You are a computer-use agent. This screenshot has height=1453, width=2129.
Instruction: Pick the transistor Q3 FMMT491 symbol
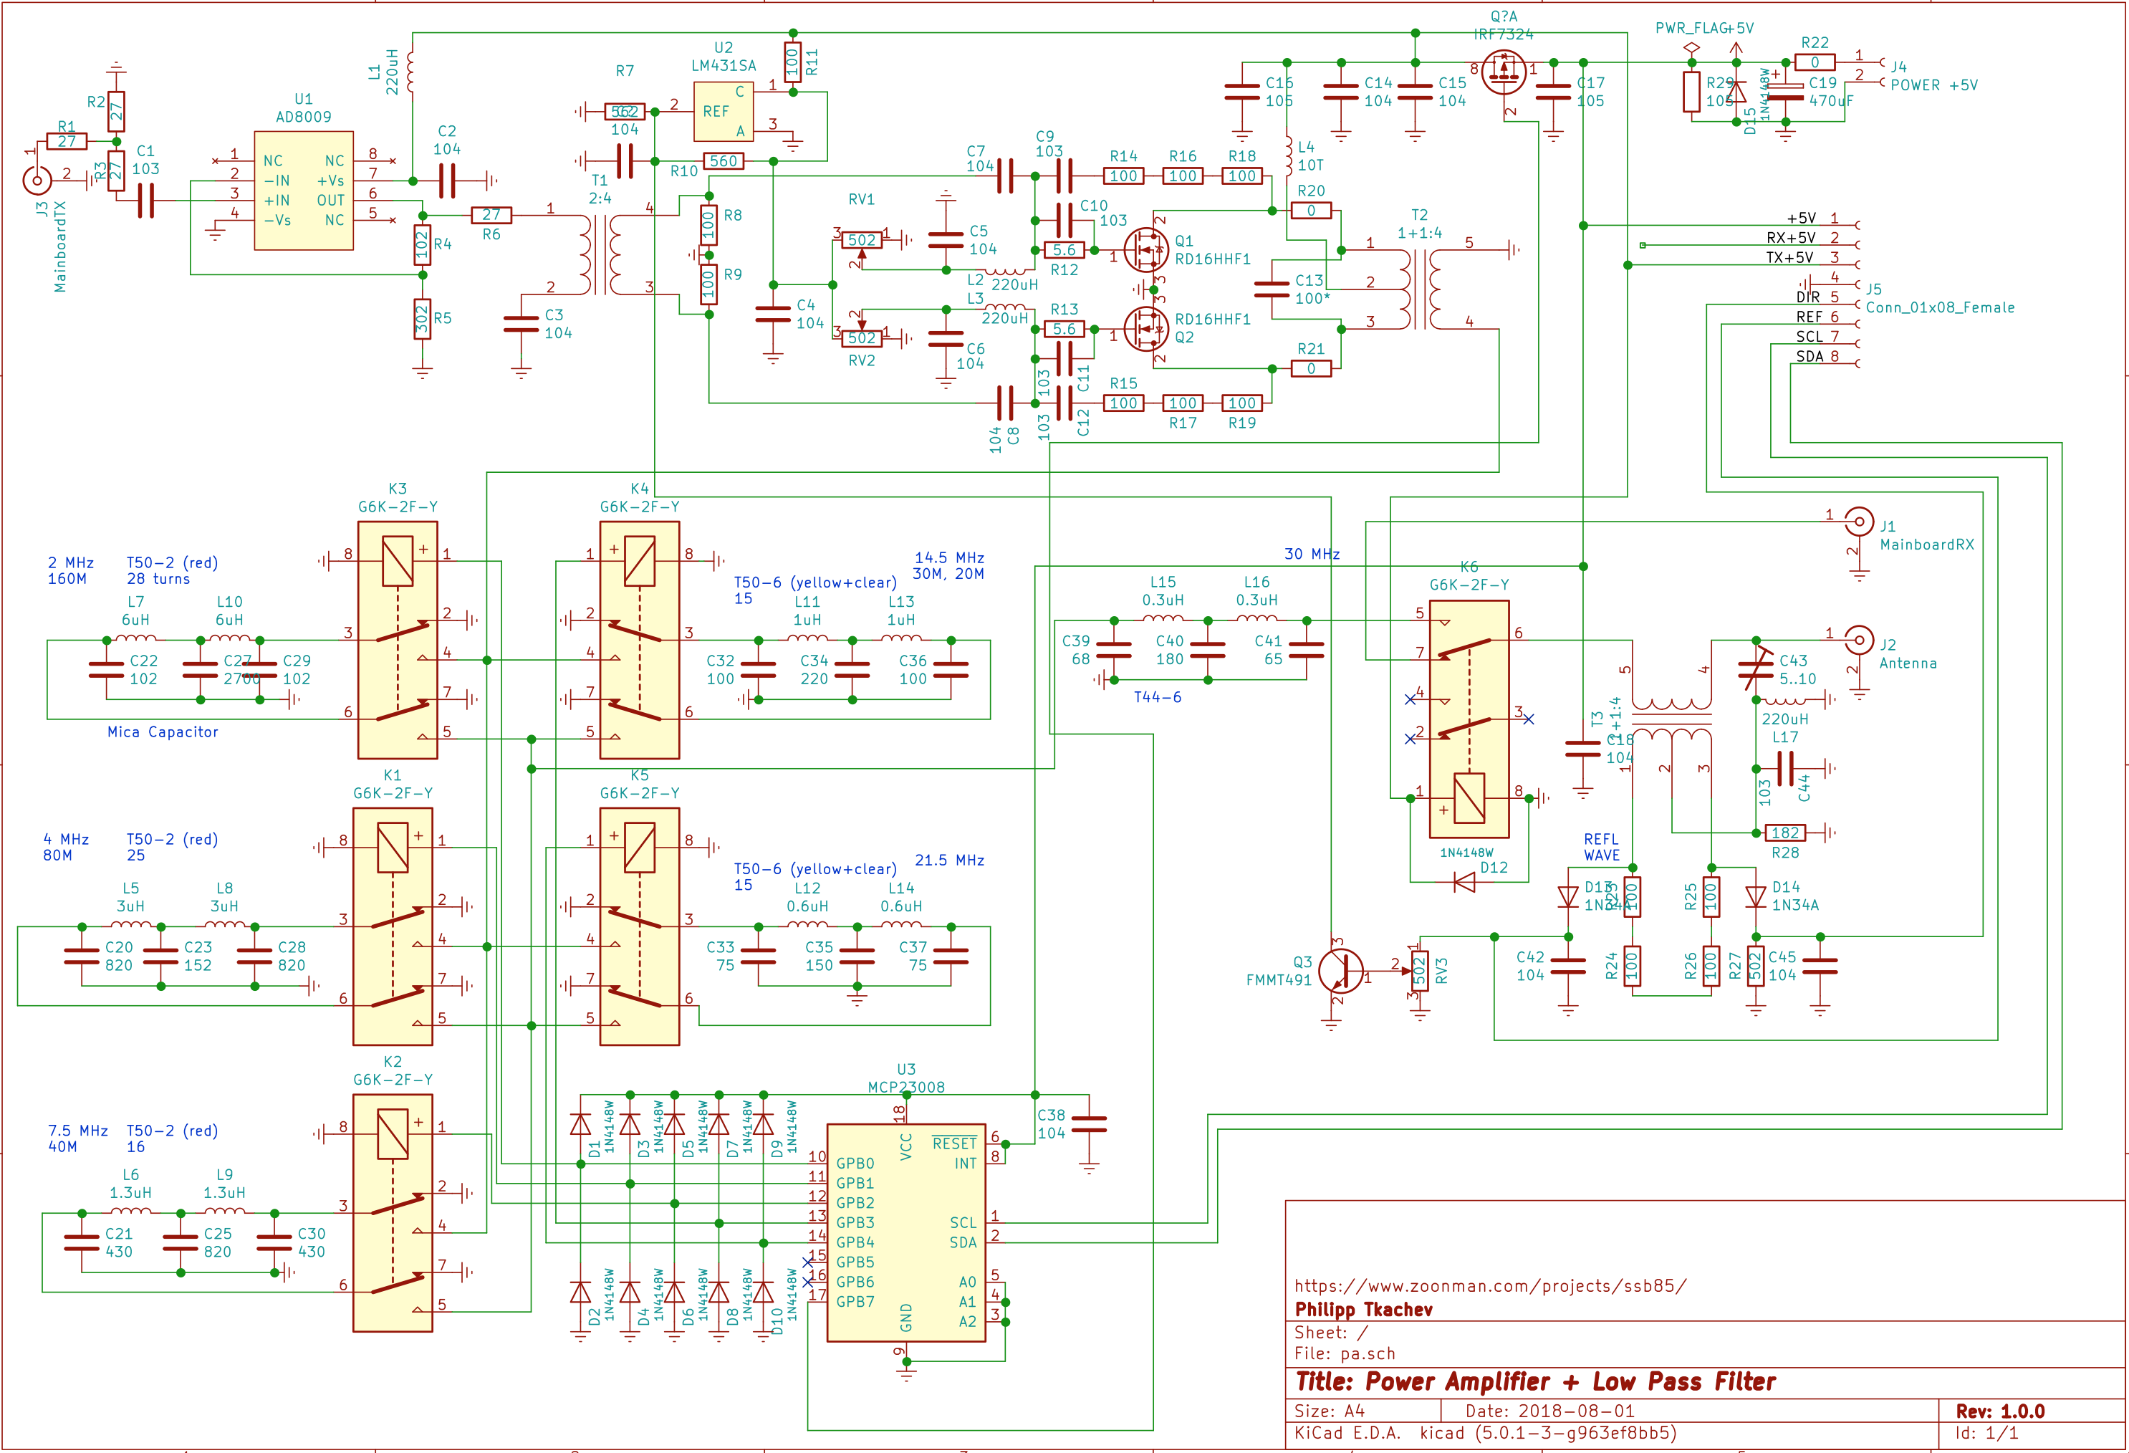pos(1340,969)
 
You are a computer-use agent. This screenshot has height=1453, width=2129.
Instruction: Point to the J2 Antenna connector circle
pos(1859,640)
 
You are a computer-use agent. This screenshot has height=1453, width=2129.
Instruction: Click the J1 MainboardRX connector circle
pos(1859,522)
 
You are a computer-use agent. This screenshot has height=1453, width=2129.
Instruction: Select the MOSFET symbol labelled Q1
pos(1146,249)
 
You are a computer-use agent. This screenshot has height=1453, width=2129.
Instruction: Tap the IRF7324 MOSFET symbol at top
pos(1504,72)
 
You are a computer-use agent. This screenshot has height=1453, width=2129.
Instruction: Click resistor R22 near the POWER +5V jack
pos(1814,62)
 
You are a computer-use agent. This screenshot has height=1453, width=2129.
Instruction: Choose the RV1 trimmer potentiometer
pos(861,240)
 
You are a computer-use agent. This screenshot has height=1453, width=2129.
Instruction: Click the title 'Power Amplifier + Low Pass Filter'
pos(1535,1381)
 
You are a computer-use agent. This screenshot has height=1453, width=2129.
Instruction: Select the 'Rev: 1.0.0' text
pos(2000,1411)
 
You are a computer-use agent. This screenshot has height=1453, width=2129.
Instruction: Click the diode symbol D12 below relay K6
pos(1465,882)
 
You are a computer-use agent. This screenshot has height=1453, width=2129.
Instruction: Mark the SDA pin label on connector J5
pos(1810,356)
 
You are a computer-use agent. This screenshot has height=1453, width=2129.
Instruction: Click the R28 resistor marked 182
pos(1784,833)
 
